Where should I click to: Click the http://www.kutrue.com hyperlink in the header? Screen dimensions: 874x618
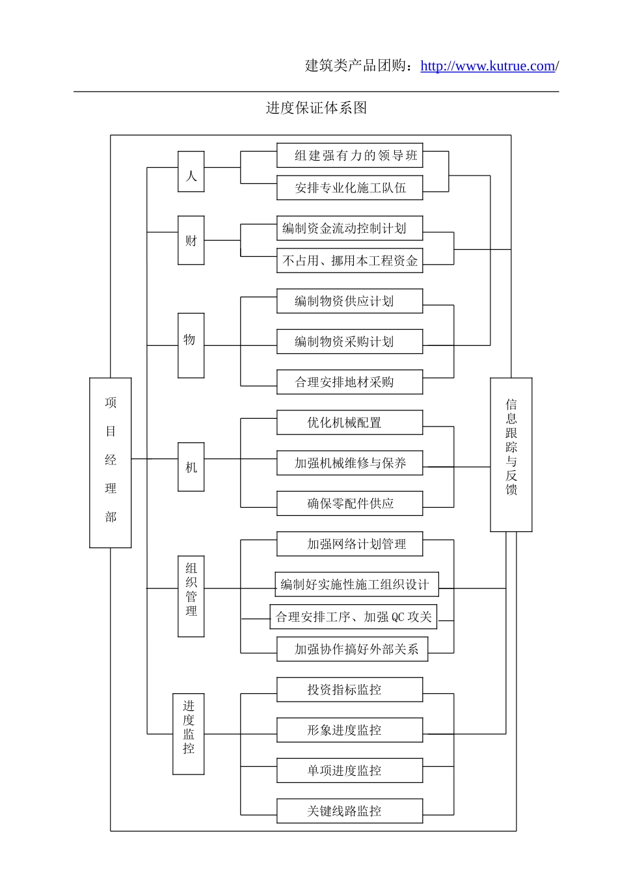pos(487,66)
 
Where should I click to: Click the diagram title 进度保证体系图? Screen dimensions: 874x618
pos(316,108)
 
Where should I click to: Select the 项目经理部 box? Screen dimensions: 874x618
pos(111,462)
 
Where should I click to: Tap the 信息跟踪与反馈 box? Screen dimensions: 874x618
pos(511,454)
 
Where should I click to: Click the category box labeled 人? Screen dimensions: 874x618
pos(191,172)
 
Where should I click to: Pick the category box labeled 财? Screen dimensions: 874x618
pos(191,240)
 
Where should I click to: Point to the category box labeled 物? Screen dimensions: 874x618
pos(191,345)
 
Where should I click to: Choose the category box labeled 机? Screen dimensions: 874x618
pos(191,466)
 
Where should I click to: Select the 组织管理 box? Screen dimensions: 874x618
pos(191,596)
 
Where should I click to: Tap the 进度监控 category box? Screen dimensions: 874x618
pos(189,734)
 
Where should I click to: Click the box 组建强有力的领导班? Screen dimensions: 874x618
pos(350,155)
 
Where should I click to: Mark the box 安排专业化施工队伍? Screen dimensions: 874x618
pos(350,188)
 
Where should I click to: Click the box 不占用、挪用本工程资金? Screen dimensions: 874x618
pos(350,261)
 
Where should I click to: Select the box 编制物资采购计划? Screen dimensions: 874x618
pos(350,341)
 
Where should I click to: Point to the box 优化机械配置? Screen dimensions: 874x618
pos(350,423)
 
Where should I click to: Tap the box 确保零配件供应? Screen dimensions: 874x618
pos(350,503)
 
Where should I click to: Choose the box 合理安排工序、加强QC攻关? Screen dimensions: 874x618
pos(353,616)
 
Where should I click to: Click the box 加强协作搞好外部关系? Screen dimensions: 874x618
pos(353,649)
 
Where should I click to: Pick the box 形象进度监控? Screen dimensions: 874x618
pos(350,730)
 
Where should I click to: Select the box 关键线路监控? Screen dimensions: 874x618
pos(350,811)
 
